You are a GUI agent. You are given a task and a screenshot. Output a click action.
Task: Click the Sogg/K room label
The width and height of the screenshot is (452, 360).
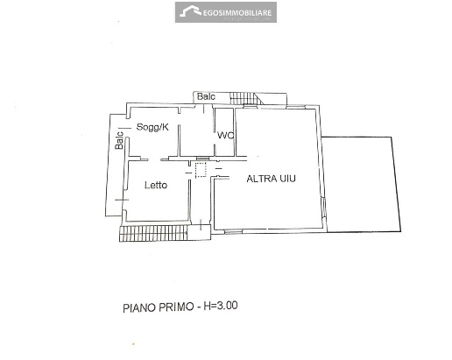(x=152, y=127)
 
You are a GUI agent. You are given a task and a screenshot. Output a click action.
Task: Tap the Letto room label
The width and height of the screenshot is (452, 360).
(x=156, y=185)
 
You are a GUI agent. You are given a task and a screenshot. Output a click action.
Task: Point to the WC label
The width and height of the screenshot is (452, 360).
(x=225, y=135)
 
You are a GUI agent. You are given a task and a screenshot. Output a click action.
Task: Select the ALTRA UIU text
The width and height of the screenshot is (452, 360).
(x=271, y=179)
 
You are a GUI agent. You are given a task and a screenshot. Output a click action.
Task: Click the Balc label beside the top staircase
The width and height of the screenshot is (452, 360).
(x=206, y=96)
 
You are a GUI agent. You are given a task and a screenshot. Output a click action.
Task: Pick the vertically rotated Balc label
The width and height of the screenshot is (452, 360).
(x=119, y=140)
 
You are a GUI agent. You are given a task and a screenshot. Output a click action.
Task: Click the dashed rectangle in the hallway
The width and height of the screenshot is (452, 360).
(x=201, y=170)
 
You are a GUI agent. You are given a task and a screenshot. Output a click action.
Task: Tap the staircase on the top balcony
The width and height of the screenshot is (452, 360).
(x=244, y=98)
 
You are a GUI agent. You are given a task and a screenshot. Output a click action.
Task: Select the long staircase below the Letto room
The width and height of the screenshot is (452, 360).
(x=153, y=233)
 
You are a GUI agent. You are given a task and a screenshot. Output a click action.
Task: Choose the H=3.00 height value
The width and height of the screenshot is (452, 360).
(x=221, y=306)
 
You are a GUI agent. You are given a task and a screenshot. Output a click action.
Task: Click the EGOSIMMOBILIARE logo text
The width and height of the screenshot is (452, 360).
(x=237, y=12)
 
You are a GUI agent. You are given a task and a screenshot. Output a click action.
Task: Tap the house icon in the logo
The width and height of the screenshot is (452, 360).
(x=190, y=11)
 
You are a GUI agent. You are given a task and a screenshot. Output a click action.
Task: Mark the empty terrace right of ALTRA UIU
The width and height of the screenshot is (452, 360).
(x=361, y=184)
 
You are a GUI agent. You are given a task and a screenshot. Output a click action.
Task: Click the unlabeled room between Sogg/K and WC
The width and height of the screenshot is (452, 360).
(x=196, y=132)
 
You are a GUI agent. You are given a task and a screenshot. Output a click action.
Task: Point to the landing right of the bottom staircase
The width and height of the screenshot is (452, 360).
(x=199, y=233)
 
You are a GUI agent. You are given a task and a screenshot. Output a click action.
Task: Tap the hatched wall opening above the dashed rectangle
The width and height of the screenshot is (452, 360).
(x=201, y=158)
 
